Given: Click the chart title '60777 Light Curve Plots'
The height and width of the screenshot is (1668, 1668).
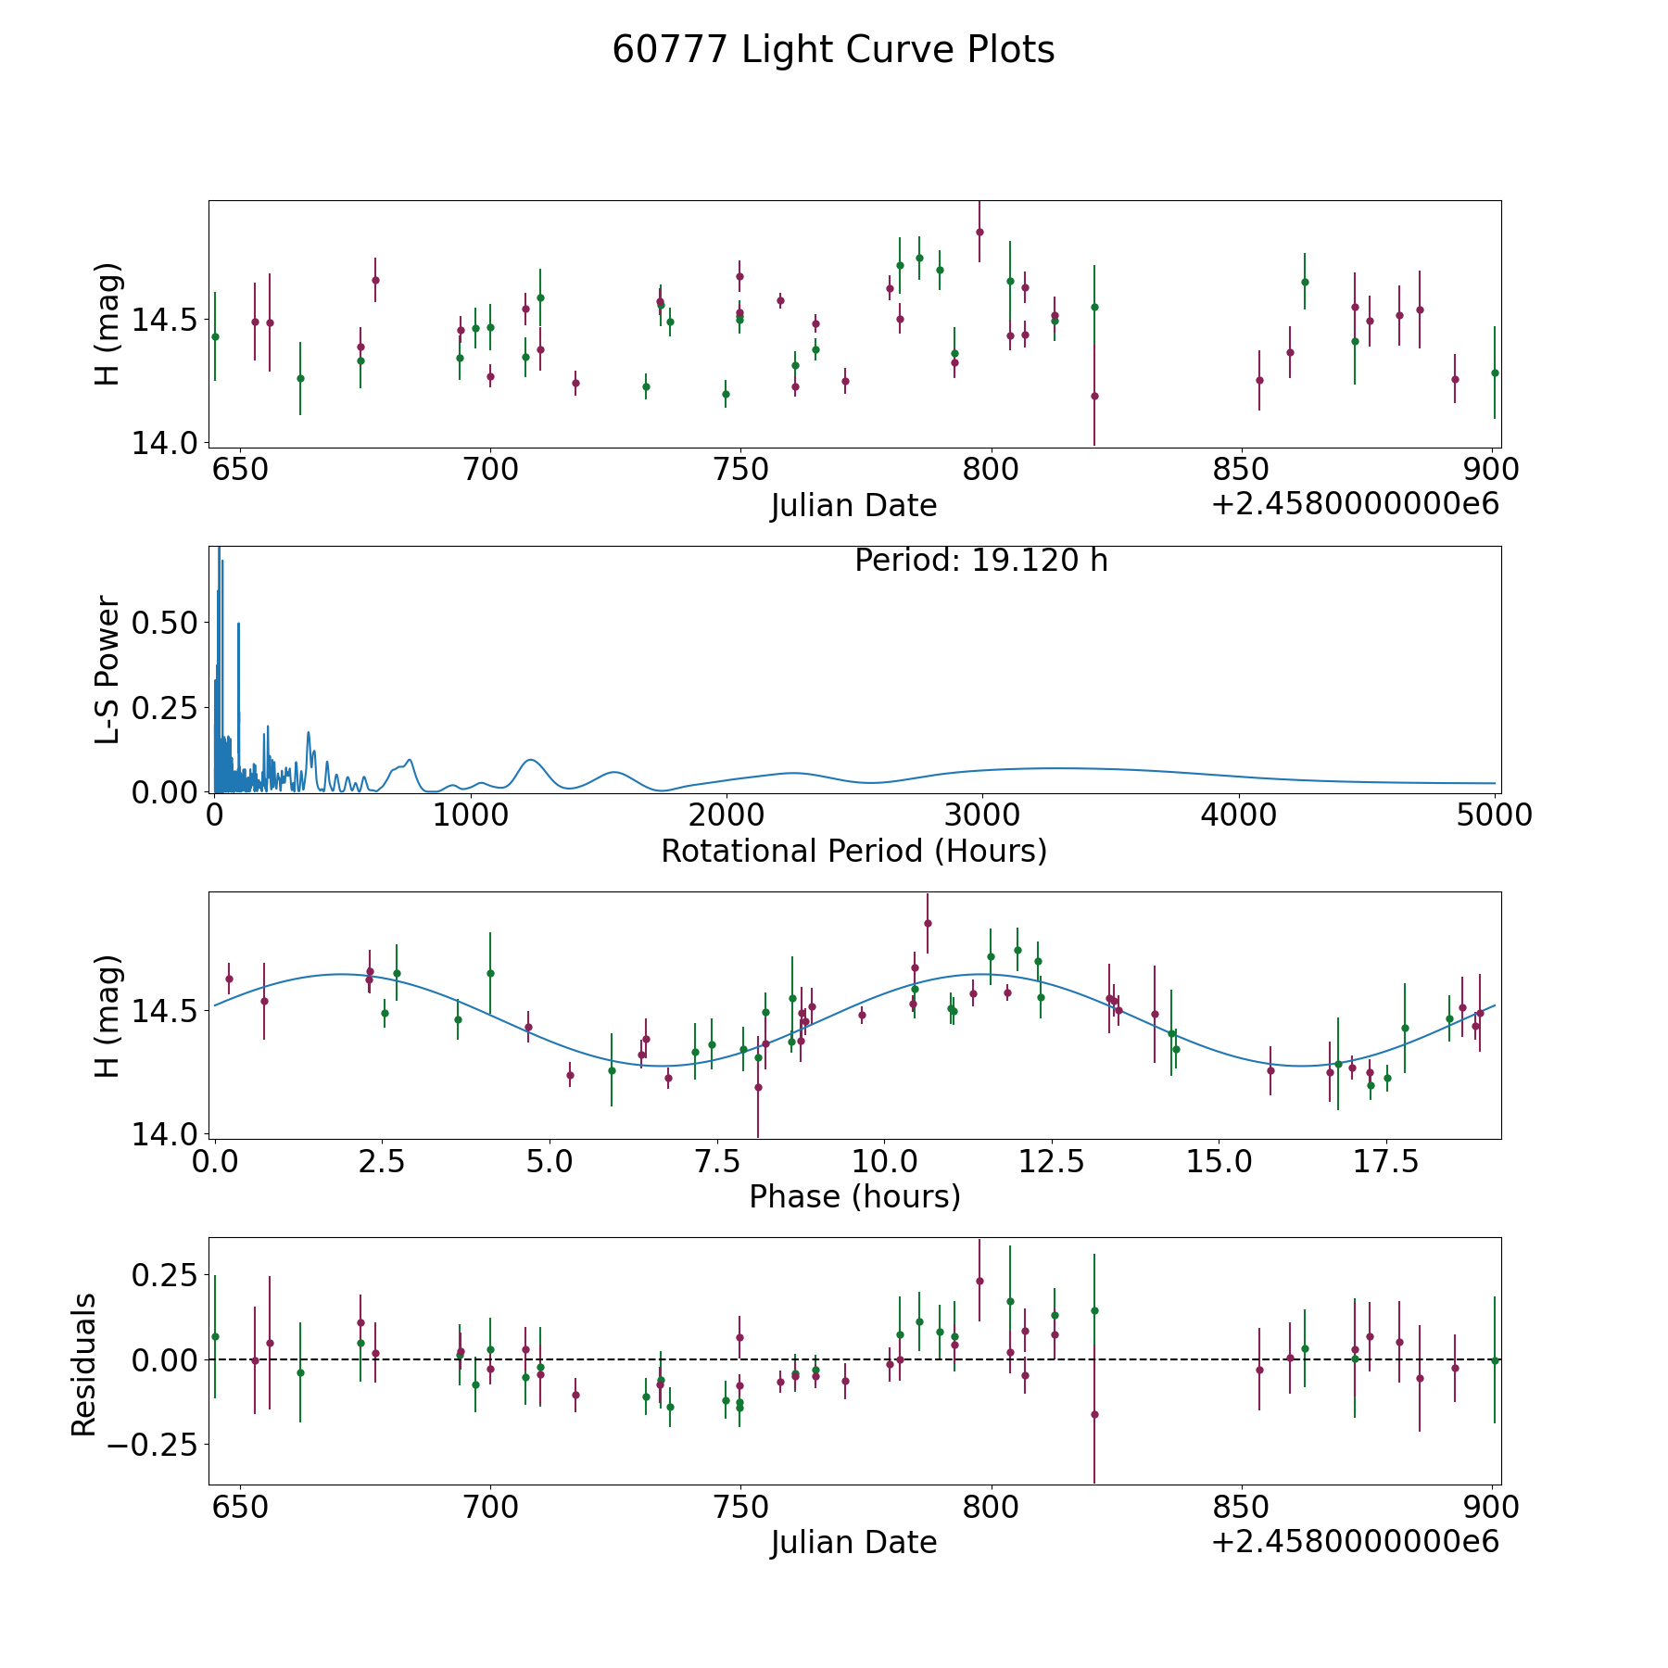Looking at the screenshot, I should tap(833, 50).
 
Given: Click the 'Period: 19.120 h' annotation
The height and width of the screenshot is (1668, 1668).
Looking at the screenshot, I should tap(980, 561).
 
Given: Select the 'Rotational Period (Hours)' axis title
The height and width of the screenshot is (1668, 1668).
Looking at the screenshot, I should tap(853, 851).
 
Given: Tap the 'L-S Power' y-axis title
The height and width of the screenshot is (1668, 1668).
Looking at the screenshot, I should tap(108, 669).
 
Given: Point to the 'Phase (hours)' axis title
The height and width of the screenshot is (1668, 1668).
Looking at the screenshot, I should tap(853, 1196).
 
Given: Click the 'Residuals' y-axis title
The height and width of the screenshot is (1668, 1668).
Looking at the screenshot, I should tap(84, 1364).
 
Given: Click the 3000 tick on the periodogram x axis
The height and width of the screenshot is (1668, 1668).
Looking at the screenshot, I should tap(981, 815).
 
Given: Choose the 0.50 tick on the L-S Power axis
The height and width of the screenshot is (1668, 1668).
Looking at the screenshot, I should tap(164, 623).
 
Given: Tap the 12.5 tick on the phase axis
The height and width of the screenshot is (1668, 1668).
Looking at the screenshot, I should tap(1052, 1161).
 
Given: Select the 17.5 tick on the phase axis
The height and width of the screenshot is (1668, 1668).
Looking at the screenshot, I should tap(1386, 1161).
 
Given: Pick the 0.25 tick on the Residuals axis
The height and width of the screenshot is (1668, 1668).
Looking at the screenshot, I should tap(164, 1275).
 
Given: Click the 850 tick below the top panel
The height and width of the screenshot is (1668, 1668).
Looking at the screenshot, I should tap(1241, 470).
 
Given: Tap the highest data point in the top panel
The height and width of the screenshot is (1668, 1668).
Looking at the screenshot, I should tap(979, 232).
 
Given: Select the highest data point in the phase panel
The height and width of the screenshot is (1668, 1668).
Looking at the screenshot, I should tap(928, 923).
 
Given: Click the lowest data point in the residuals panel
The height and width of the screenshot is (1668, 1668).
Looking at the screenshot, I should tap(1094, 1414).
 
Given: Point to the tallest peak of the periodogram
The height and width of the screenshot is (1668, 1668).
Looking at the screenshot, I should tap(219, 550).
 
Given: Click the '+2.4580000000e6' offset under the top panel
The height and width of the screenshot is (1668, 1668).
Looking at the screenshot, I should tap(1355, 504).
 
